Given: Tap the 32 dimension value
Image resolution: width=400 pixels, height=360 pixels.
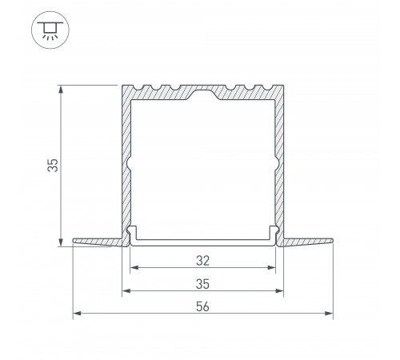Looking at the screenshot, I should [x=202, y=259].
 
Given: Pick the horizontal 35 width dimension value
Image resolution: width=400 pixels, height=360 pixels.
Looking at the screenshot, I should [x=202, y=282].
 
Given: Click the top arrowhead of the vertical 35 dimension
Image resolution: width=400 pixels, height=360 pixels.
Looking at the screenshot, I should [x=61, y=86].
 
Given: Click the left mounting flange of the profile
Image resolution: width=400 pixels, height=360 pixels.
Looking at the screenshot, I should [x=96, y=240].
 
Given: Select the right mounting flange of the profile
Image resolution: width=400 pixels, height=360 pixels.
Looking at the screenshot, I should [x=308, y=240].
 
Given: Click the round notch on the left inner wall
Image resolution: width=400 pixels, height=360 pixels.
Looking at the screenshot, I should [x=129, y=166].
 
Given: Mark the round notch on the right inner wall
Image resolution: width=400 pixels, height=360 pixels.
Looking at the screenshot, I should [x=276, y=166].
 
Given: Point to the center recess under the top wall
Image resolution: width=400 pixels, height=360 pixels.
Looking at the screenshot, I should [x=202, y=97].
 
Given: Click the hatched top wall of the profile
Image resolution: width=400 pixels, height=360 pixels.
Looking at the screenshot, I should [x=160, y=94].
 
